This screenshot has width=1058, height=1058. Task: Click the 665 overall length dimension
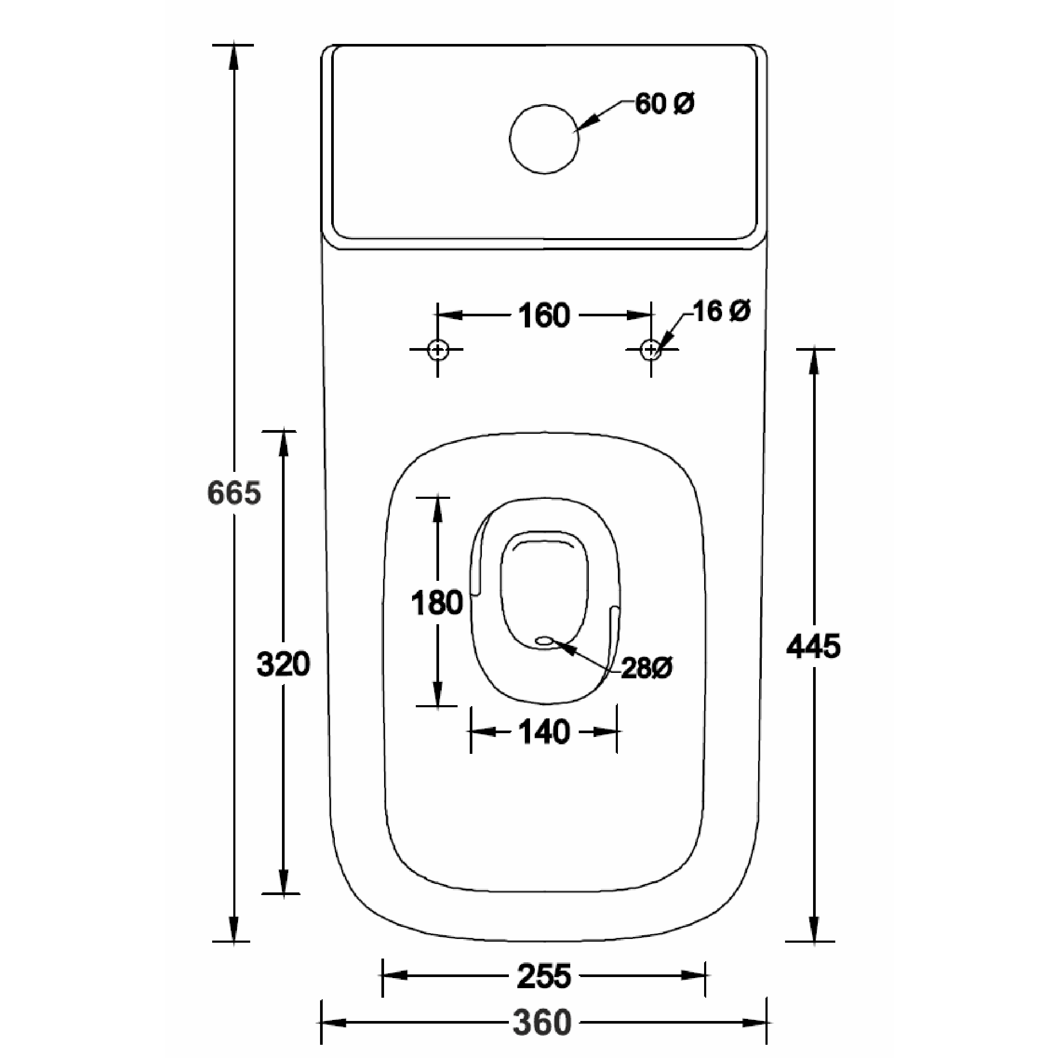coord(234,493)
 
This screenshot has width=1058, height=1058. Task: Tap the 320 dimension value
coord(283,664)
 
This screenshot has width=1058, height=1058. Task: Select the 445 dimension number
coord(813,646)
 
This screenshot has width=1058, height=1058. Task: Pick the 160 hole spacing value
coord(544,315)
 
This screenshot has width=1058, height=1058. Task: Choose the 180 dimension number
coord(437,603)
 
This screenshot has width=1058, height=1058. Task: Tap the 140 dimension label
coord(544,732)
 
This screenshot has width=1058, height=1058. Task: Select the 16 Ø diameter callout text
coord(722,311)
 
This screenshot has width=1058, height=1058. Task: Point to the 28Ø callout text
coord(647,668)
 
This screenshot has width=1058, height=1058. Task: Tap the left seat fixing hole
coord(437,349)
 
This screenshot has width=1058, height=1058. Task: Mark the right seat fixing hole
coord(651,349)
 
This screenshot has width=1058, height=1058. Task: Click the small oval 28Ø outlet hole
coord(545,640)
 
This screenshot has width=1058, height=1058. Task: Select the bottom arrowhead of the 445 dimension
coord(814,929)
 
